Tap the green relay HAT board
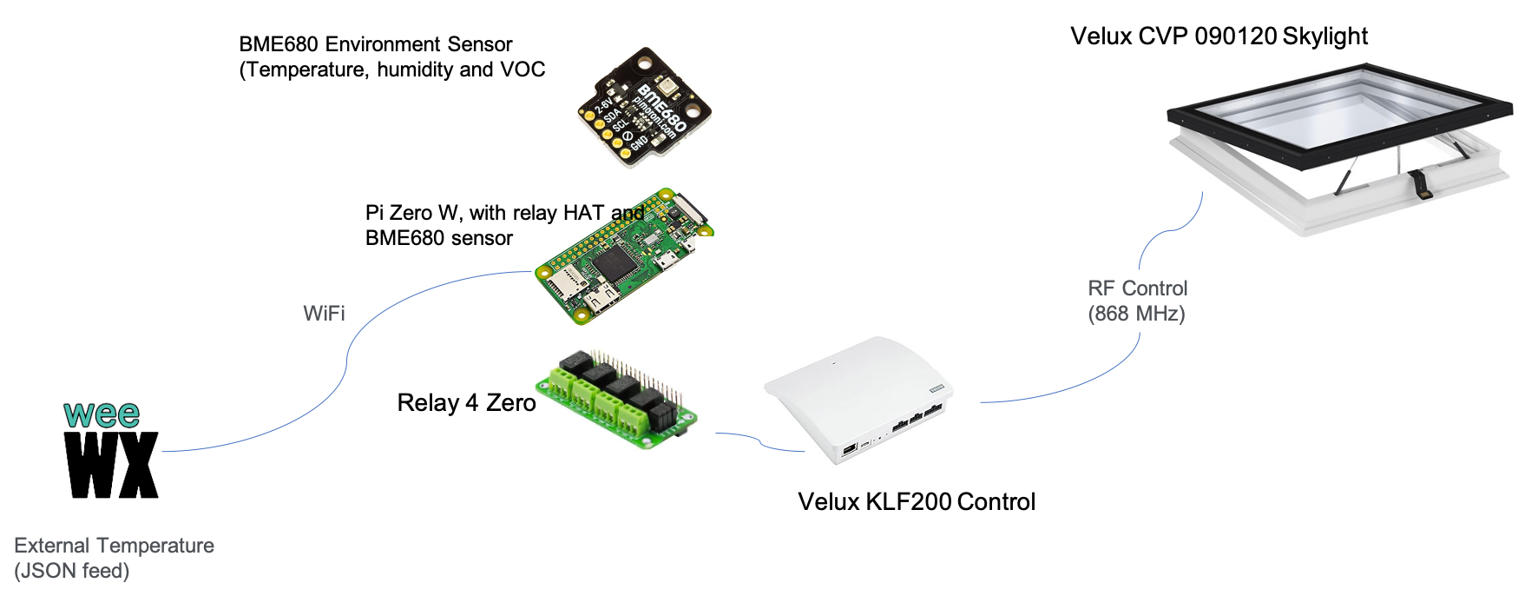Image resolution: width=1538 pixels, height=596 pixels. point(617,398)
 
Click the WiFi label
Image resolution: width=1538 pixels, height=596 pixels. point(324,313)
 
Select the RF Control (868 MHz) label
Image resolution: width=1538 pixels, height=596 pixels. point(1137,301)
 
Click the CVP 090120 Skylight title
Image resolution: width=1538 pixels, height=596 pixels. point(1252,36)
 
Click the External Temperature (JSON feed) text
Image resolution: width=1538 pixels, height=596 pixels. point(114,558)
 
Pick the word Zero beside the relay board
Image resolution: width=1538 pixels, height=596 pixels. point(510,403)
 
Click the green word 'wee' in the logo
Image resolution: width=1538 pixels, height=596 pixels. point(102,414)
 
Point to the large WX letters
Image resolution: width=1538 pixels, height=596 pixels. point(111,465)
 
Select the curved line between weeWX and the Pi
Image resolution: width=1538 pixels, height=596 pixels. point(347,356)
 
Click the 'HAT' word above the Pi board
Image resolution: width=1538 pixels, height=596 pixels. point(583,213)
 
